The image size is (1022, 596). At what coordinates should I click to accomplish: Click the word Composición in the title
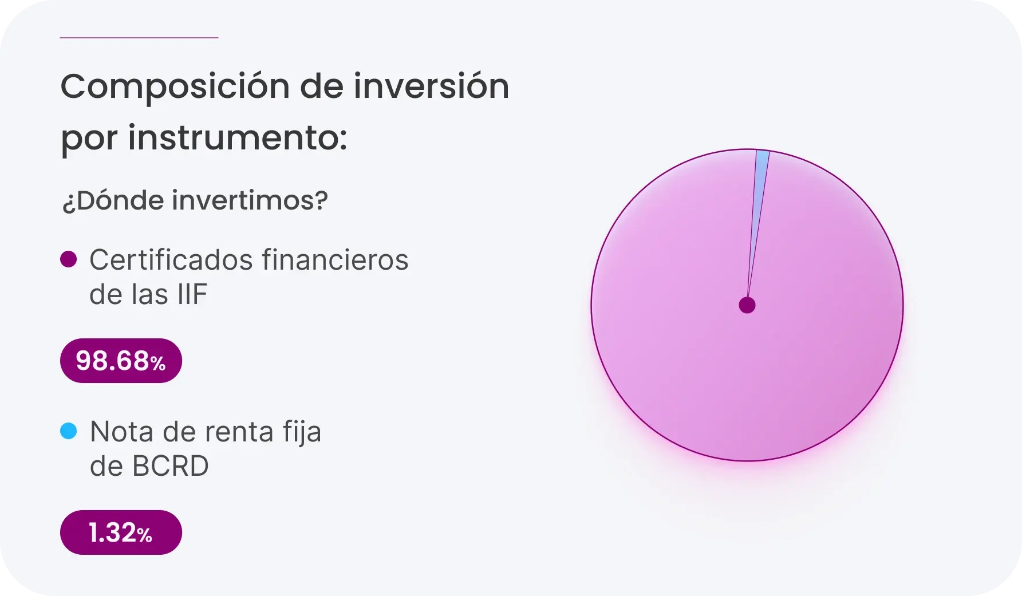point(175,88)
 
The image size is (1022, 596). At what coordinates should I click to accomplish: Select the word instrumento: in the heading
point(237,138)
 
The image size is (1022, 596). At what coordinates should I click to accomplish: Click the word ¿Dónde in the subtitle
point(113,200)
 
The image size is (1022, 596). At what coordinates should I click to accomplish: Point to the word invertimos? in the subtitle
point(250,200)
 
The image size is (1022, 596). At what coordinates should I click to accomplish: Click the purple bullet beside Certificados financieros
point(69,259)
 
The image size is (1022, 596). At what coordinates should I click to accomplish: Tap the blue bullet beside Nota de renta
point(69,431)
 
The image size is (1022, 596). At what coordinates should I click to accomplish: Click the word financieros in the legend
point(335,260)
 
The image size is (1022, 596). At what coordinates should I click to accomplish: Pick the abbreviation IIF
point(192,295)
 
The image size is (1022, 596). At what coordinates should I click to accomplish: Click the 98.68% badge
point(121,361)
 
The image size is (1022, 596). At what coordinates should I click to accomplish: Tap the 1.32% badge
point(121,532)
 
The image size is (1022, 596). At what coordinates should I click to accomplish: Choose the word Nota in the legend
point(121,432)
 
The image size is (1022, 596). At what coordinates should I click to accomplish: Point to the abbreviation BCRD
point(170,467)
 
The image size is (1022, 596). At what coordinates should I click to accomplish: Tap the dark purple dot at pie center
point(747,305)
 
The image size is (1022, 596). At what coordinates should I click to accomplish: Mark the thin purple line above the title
point(139,38)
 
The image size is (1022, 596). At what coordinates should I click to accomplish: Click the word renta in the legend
point(238,432)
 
